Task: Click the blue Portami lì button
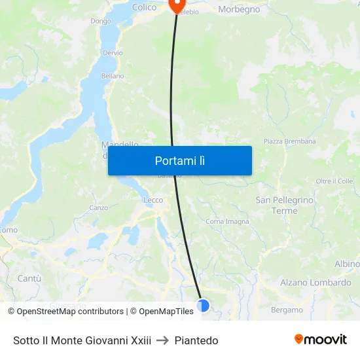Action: coord(180,160)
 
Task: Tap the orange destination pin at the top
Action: coord(177,5)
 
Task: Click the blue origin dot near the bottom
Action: coord(203,305)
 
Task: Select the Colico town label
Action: coord(144,7)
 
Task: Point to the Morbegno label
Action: coord(239,9)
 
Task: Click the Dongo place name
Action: coord(101,21)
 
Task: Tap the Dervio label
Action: coord(113,53)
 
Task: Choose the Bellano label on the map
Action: coord(113,76)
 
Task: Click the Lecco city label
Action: coord(153,200)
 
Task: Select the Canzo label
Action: coord(99,208)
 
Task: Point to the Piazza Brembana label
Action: coord(289,141)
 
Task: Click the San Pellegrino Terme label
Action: coord(285,206)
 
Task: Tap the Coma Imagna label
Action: coord(227,221)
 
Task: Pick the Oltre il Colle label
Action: coord(334,181)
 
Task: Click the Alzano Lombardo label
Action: coord(315,283)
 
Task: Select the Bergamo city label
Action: coord(287,310)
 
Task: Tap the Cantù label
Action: coord(29,278)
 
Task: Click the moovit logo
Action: coord(321,340)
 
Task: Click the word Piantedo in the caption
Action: coord(196,340)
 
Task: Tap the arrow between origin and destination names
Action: coord(162,340)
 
